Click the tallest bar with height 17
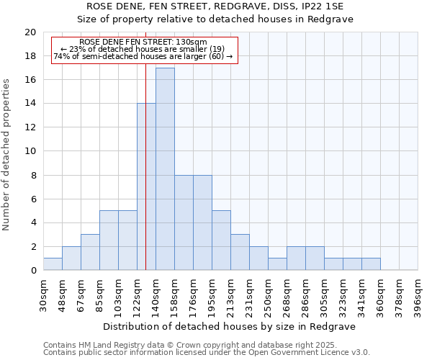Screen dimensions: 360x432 click(x=165, y=169)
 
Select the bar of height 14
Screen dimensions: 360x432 click(x=146, y=187)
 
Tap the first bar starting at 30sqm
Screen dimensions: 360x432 click(x=53, y=264)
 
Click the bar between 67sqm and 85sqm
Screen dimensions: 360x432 click(x=90, y=252)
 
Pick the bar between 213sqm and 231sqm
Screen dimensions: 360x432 click(x=240, y=252)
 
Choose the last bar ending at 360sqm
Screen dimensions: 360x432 click(x=371, y=264)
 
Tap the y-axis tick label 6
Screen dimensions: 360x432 click(x=33, y=199)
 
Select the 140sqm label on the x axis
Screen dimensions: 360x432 click(x=156, y=295)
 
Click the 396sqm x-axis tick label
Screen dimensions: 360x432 click(x=418, y=295)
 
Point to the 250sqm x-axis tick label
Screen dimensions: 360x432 click(x=268, y=295)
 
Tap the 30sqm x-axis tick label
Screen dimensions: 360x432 click(x=43, y=295)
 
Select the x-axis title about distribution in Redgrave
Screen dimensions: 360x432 click(x=230, y=326)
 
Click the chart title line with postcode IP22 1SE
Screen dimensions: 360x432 click(x=215, y=6)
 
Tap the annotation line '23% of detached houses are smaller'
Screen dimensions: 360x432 click(x=143, y=49)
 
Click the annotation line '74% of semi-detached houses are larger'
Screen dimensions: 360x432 click(x=143, y=56)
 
